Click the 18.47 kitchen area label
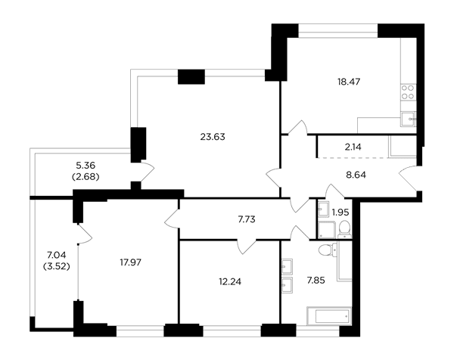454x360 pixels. click(x=349, y=82)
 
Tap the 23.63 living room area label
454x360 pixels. click(x=213, y=137)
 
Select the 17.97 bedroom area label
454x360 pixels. click(x=131, y=262)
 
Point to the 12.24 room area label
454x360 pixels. click(x=230, y=281)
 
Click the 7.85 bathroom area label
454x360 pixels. click(x=316, y=280)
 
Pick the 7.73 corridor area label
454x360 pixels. click(x=247, y=219)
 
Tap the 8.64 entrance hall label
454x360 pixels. click(x=356, y=175)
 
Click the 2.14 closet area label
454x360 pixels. click(x=353, y=147)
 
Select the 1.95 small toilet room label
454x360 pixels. click(x=340, y=213)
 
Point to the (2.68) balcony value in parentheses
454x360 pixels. click(x=86, y=177)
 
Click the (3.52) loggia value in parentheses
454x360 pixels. click(x=57, y=266)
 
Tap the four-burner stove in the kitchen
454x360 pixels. click(x=409, y=92)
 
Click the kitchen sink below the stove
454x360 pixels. click(x=409, y=119)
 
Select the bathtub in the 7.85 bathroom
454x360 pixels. click(x=329, y=316)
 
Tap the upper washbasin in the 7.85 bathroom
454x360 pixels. click(x=287, y=266)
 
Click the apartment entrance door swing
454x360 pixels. click(x=409, y=176)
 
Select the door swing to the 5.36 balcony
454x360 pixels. click(x=147, y=172)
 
